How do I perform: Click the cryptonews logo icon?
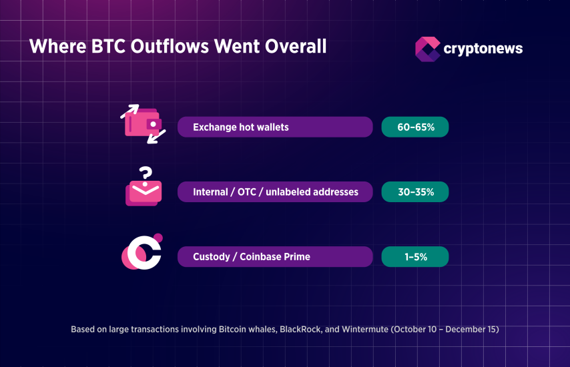pos(427,49)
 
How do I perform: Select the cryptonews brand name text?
pos(483,49)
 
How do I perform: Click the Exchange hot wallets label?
pos(241,127)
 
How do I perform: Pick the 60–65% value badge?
pos(414,127)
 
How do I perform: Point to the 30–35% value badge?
pos(414,192)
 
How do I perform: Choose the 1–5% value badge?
pos(414,257)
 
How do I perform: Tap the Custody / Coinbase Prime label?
pos(252,257)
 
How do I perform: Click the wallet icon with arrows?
pos(143,124)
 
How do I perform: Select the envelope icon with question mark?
pos(144,190)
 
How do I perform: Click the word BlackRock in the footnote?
pos(302,329)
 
